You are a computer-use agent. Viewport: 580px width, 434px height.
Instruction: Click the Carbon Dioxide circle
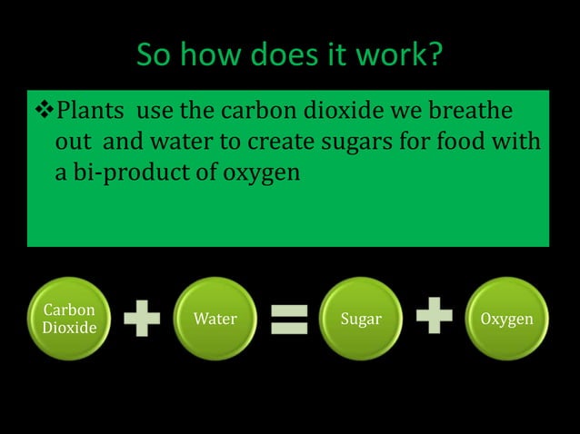pyautogui.click(x=69, y=319)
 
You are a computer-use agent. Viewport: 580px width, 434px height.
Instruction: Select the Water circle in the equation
pyautogui.click(x=215, y=319)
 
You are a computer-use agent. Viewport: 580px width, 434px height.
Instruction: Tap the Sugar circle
pyautogui.click(x=361, y=319)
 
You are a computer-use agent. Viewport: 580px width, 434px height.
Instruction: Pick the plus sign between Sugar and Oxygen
pyautogui.click(x=435, y=319)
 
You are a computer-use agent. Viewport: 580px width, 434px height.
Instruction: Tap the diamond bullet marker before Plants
pyautogui.click(x=45, y=112)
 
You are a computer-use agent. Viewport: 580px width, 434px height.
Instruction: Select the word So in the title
pyautogui.click(x=151, y=58)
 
